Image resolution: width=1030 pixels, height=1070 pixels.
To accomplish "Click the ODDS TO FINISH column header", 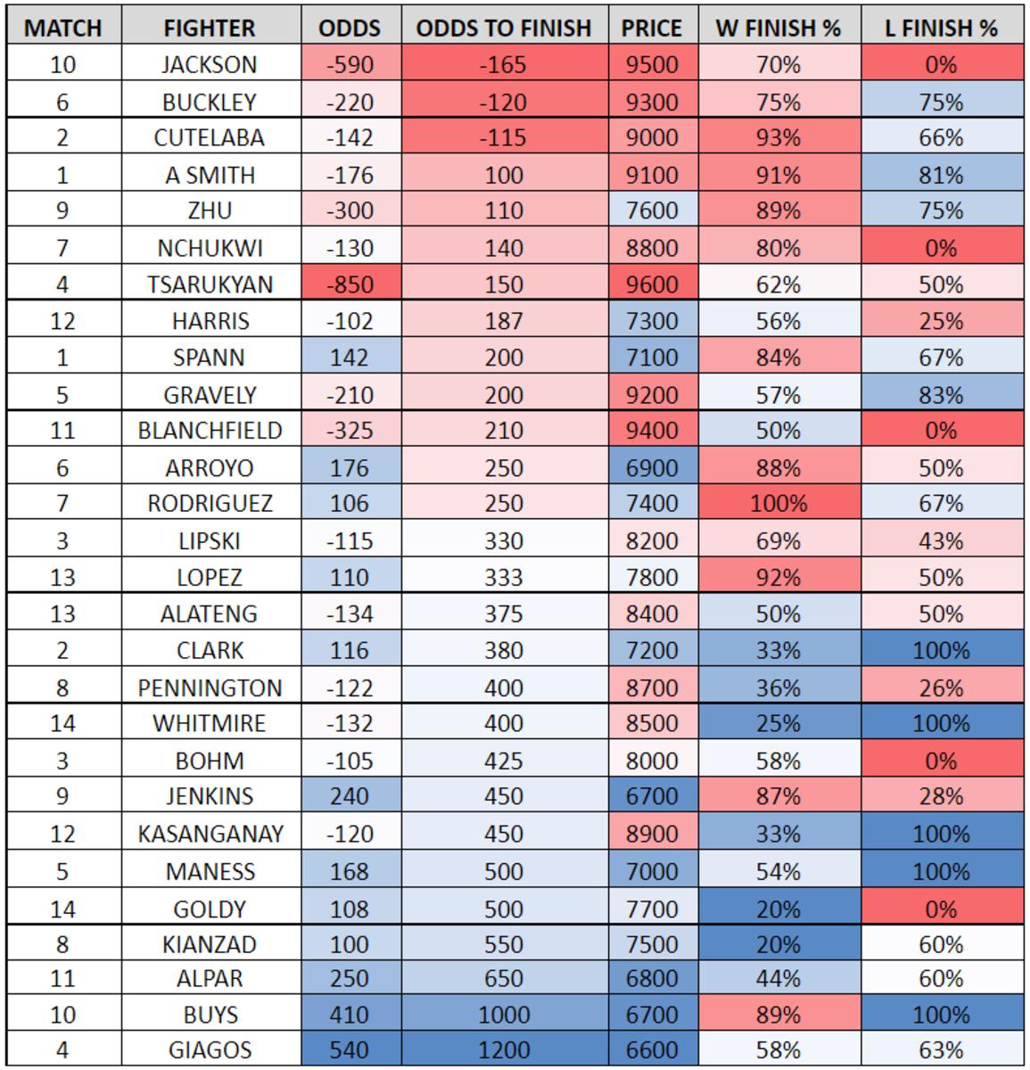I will click(503, 29).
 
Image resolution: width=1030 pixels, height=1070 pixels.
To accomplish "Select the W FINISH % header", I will click(778, 29).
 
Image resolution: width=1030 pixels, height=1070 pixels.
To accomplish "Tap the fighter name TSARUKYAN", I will click(210, 284).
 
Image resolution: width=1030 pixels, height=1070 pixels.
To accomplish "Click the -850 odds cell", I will click(349, 284).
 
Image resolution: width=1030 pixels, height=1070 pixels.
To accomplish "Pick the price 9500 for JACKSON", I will click(652, 65).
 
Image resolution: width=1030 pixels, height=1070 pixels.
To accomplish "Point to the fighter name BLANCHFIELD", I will click(210, 431).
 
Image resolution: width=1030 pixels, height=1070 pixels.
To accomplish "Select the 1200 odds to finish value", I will click(503, 1050).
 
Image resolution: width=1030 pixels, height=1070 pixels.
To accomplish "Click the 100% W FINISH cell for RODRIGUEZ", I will click(778, 504).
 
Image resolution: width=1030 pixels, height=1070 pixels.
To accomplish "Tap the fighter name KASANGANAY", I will click(210, 834).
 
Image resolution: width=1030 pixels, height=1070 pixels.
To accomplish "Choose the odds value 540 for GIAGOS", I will click(349, 1050).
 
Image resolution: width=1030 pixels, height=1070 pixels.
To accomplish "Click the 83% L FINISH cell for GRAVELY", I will click(941, 394).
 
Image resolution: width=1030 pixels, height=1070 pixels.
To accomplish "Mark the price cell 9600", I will click(652, 284).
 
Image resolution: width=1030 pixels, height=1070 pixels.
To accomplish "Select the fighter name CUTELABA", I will click(210, 138).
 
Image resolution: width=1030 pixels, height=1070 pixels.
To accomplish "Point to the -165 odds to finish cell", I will click(503, 65).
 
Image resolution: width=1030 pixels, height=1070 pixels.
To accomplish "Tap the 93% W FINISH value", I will click(778, 138).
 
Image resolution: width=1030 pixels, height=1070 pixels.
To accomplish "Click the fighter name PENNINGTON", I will click(210, 688).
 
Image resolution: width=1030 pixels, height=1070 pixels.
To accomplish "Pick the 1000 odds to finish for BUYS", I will click(503, 1015).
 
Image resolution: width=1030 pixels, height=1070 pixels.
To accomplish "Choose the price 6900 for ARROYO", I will click(652, 467).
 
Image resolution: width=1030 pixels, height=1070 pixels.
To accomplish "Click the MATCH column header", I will click(62, 29).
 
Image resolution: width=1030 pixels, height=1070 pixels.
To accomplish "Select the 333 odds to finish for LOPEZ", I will click(503, 577).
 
